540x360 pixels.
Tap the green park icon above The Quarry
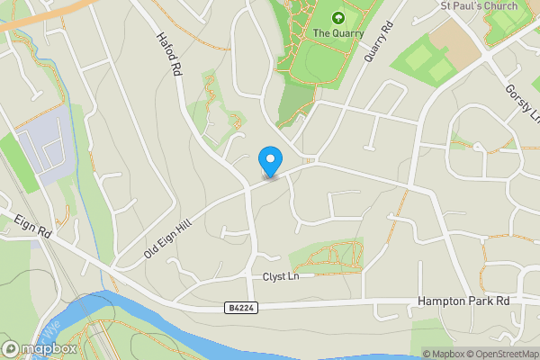338,17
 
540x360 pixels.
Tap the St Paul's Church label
478,5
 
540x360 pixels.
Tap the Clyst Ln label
280,276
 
